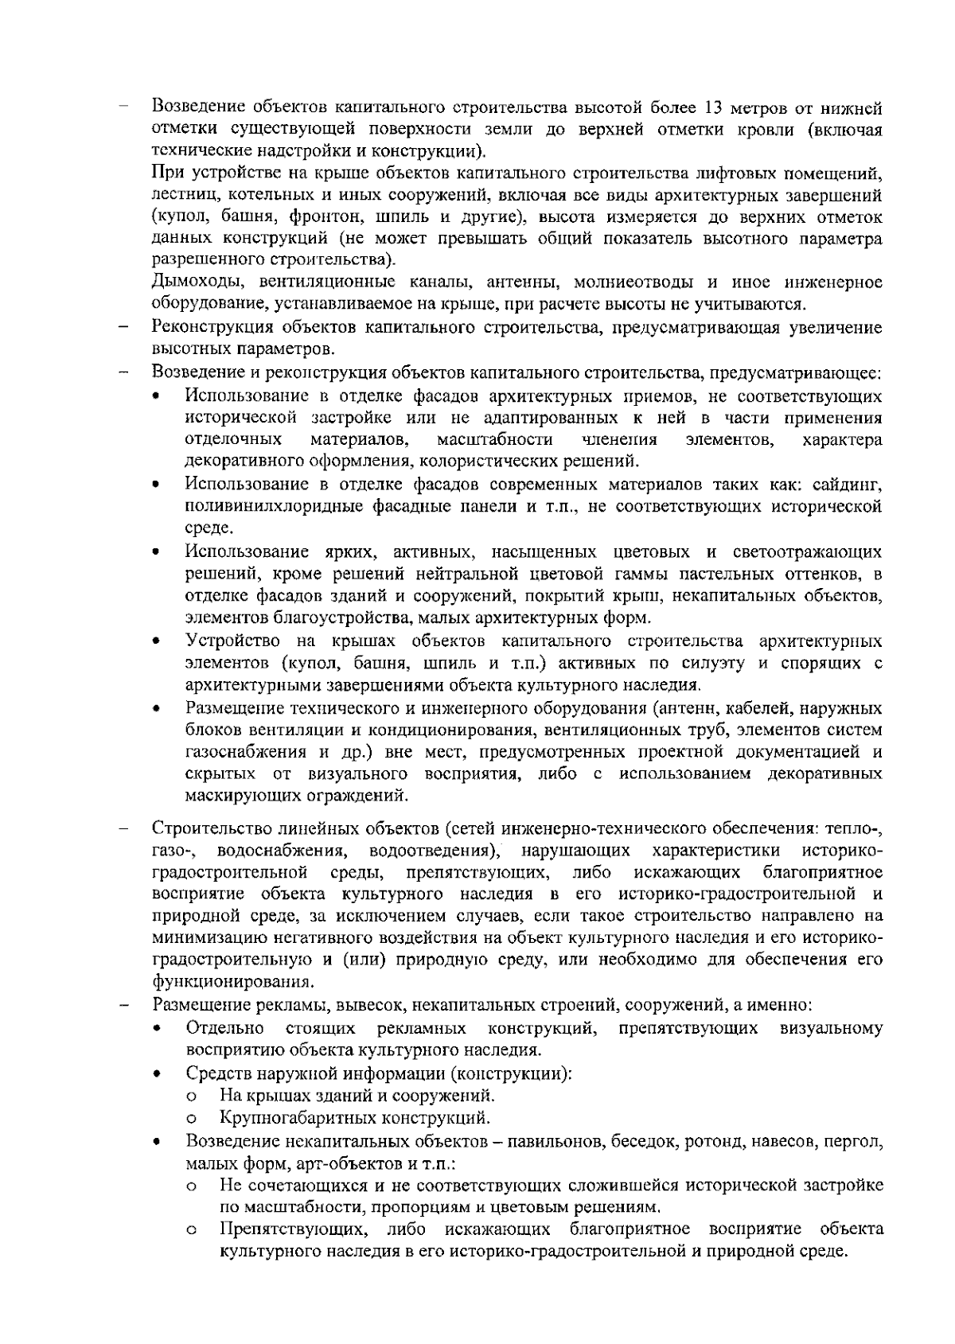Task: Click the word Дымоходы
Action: [x=190, y=282]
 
